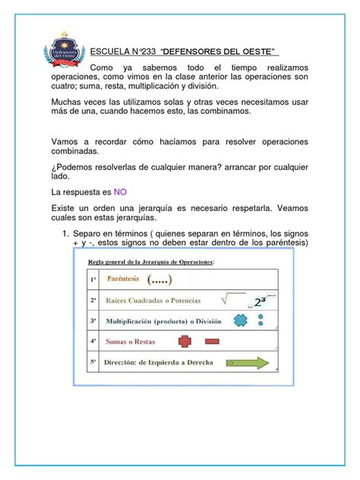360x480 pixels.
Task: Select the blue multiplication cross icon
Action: tap(240, 321)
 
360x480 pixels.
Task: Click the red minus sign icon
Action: tap(211, 343)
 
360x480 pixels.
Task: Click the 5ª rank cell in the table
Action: tap(93, 362)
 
